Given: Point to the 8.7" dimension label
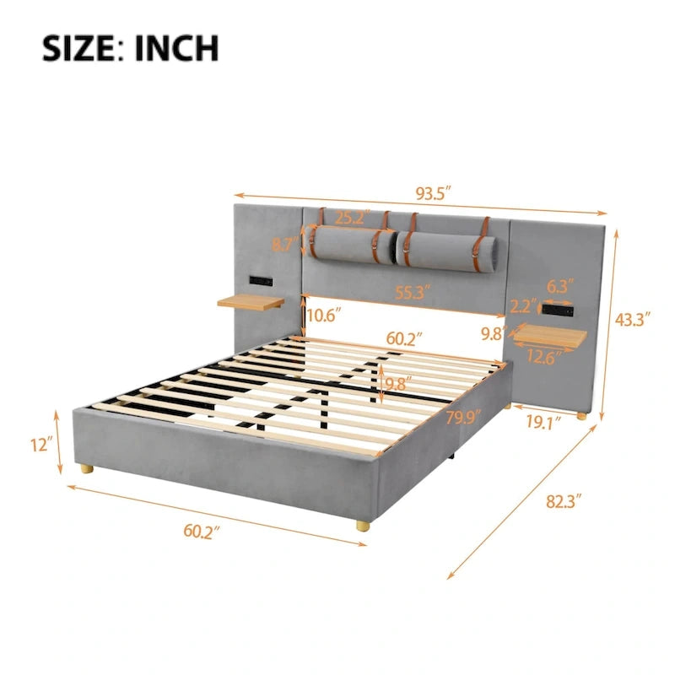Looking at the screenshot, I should click(283, 246).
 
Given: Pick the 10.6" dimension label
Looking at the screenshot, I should click(325, 316).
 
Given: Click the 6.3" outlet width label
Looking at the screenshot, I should click(558, 287).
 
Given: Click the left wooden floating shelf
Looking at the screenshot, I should click(251, 301).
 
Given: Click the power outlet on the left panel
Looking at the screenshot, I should click(259, 279).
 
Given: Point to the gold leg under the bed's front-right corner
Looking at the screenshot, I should click(362, 525).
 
